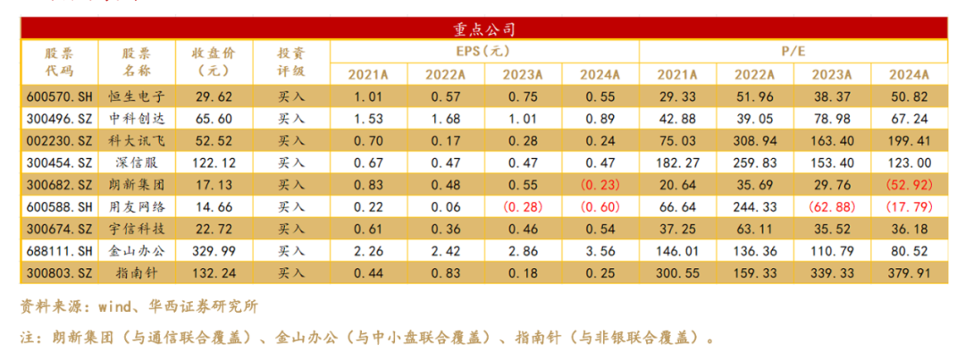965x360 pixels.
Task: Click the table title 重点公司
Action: tap(483, 29)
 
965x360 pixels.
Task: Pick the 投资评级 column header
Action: tap(291, 63)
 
